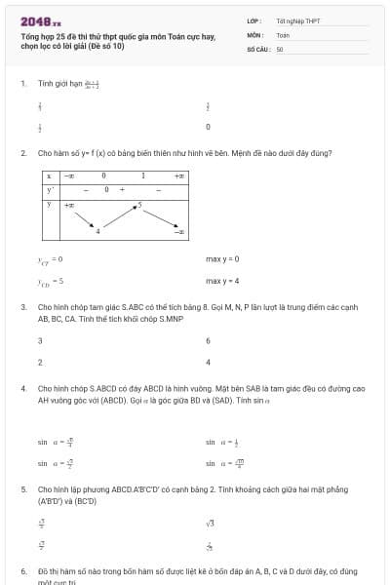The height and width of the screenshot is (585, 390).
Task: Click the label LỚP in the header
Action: (x=253, y=20)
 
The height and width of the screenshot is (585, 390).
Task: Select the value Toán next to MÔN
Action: (x=283, y=34)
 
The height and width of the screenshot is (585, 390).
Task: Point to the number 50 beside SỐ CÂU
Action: (x=279, y=48)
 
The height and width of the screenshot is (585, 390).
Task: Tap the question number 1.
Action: (x=22, y=84)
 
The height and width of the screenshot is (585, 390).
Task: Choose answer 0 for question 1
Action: (x=208, y=127)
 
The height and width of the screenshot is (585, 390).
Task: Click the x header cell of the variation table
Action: (x=48, y=175)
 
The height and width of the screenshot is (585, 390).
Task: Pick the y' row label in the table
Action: (x=48, y=189)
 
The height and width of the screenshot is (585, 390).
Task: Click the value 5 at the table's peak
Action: (x=139, y=205)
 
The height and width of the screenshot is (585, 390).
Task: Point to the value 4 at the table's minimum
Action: (x=97, y=230)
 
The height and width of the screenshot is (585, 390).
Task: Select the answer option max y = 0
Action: (x=222, y=258)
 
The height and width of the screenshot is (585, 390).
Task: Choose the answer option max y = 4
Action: (x=222, y=281)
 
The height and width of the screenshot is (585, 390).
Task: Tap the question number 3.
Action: (x=22, y=306)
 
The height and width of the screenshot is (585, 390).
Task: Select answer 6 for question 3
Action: (x=208, y=340)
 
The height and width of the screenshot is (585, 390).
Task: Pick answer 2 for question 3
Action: (x=40, y=362)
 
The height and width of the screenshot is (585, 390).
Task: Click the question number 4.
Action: (x=22, y=388)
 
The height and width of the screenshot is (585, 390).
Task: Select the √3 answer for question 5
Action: (x=210, y=524)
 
